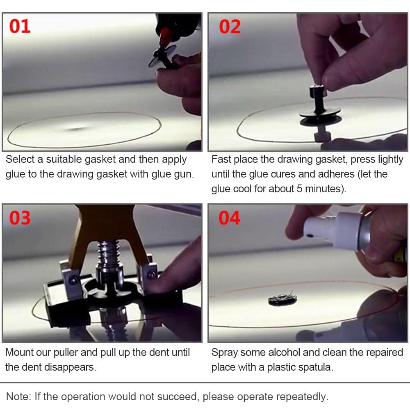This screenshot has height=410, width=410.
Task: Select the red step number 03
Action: [x=20, y=218]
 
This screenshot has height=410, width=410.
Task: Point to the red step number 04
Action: [x=230, y=218]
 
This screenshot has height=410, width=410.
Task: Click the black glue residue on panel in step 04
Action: [x=282, y=300]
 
